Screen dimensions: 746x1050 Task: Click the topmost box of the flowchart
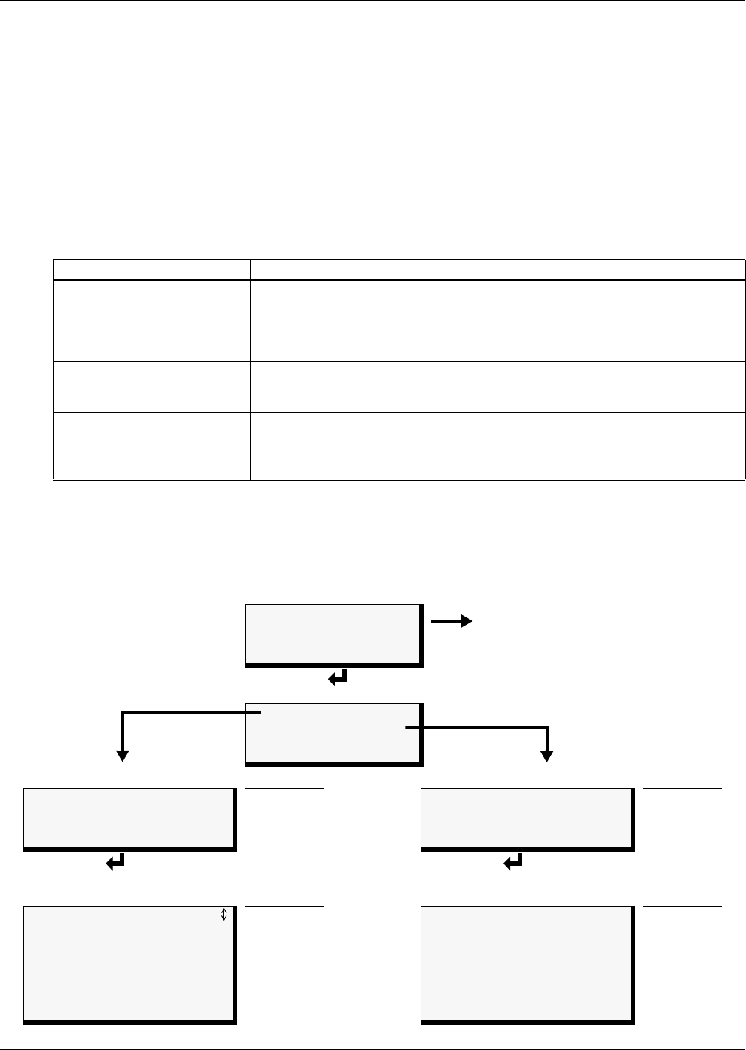tap(333, 634)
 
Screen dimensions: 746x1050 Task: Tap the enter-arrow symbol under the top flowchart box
tap(338, 677)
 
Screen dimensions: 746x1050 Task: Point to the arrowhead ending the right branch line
tap(547, 756)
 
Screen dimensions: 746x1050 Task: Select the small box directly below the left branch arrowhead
tap(129, 818)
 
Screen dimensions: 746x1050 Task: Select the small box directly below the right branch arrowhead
tap(526, 818)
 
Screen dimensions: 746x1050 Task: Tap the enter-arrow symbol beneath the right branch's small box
tap(513, 861)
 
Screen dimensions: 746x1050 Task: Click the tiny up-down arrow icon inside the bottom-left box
tap(224, 915)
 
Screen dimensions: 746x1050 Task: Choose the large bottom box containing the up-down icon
tap(129, 963)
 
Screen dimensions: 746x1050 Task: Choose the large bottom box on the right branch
tap(526, 963)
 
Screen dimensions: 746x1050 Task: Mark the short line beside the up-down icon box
tap(285, 906)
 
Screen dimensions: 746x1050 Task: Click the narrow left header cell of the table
tap(152, 269)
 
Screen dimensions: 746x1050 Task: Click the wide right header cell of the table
tap(498, 269)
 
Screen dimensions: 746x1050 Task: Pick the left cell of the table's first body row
tap(152, 320)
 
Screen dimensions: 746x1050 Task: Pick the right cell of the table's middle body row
tap(498, 386)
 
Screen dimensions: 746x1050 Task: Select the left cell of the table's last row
tap(152, 446)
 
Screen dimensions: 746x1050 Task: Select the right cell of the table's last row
tap(498, 446)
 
